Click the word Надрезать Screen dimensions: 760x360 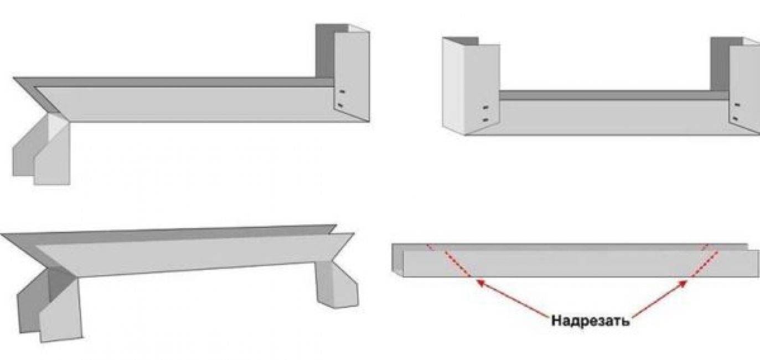(x=590, y=321)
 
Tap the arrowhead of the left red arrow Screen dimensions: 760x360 (x=480, y=282)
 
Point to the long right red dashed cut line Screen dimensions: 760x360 (x=705, y=264)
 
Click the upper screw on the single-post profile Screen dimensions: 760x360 (x=342, y=92)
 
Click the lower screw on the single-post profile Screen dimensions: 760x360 (x=341, y=105)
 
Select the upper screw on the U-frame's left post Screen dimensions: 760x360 (x=486, y=108)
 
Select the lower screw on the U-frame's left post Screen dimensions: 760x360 (x=486, y=120)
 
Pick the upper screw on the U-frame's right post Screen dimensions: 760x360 (x=737, y=105)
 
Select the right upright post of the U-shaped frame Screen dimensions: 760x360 (x=743, y=85)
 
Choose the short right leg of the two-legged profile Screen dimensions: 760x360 (x=338, y=285)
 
